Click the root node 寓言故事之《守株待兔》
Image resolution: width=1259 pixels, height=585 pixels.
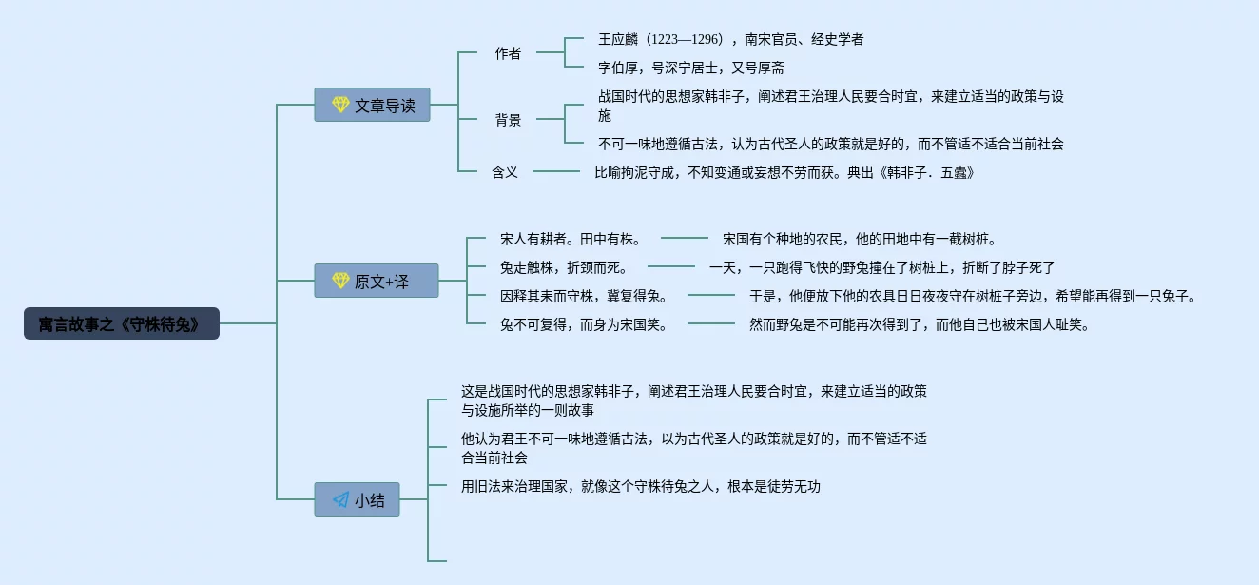pyautogui.click(x=122, y=323)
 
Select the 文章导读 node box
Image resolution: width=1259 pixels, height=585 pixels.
pyautogui.click(x=372, y=105)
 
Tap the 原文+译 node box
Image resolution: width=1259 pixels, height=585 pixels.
pyautogui.click(x=376, y=281)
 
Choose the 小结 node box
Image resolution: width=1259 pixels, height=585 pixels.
pyautogui.click(x=357, y=499)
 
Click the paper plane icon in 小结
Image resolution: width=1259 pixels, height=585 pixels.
pyautogui.click(x=340, y=499)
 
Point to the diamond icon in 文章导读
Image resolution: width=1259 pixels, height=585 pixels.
pyautogui.click(x=340, y=105)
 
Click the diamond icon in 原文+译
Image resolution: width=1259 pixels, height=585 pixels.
pyautogui.click(x=340, y=281)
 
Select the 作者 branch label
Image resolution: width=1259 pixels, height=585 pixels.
pyautogui.click(x=508, y=53)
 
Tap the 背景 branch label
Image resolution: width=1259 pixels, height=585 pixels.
pyautogui.click(x=508, y=120)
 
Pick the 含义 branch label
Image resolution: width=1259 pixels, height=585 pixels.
pyautogui.click(x=505, y=172)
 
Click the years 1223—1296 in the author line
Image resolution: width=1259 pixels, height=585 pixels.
pyautogui.click(x=685, y=39)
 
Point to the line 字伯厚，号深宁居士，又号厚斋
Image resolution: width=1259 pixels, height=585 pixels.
pyautogui.click(x=690, y=68)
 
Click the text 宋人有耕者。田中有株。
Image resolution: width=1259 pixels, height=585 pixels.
pyautogui.click(x=571, y=239)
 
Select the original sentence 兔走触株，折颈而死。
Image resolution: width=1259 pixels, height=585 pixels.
pyautogui.click(x=564, y=267)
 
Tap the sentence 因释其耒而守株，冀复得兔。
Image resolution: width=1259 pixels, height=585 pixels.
pyautogui.click(x=584, y=296)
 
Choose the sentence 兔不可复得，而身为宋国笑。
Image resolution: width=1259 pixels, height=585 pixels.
pyautogui.click(x=584, y=324)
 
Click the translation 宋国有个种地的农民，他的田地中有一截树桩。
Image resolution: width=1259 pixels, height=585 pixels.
pyautogui.click(x=860, y=239)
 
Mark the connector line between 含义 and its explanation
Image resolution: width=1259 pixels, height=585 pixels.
pyautogui.click(x=556, y=171)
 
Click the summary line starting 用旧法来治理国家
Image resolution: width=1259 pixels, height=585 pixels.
pyautogui.click(x=641, y=486)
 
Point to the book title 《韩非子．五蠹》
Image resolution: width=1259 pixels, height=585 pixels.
pyautogui.click(x=925, y=172)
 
